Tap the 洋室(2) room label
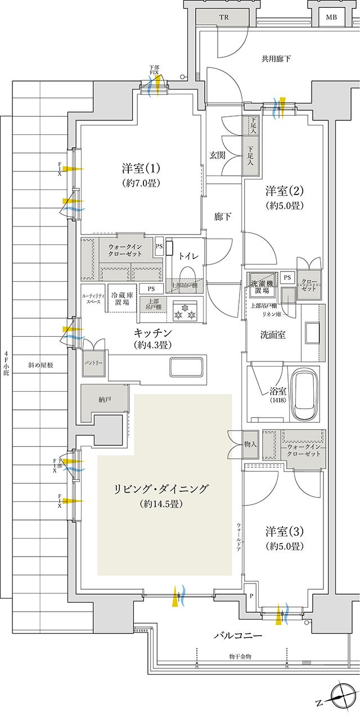click(285, 191)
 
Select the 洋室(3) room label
click(285, 531)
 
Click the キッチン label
click(148, 332)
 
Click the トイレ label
click(187, 256)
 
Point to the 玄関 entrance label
click(218, 155)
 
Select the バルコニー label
click(238, 636)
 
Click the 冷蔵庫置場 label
click(121, 298)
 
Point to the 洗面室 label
click(272, 335)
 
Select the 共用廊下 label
click(276, 58)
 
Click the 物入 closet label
click(251, 444)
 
